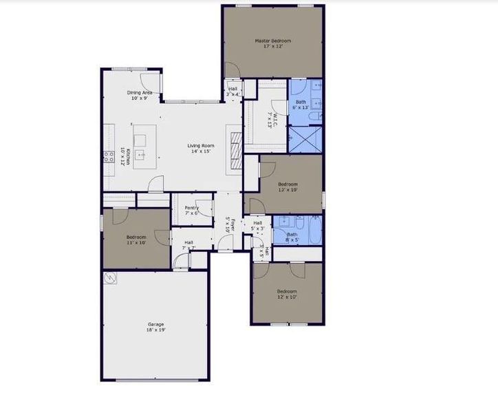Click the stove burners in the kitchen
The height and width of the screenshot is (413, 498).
(x=109, y=156)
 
